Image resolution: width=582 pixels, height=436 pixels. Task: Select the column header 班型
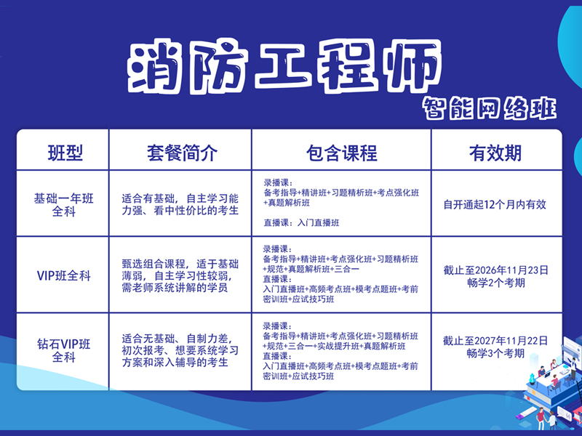65,153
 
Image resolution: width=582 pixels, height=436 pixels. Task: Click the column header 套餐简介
180,153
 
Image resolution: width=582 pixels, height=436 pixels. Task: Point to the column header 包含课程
341,153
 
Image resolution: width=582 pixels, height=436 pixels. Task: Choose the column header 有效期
495,153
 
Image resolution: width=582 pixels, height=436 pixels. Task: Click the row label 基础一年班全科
64,204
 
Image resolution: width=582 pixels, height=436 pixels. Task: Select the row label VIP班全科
64,275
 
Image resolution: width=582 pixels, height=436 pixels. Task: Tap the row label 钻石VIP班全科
64,351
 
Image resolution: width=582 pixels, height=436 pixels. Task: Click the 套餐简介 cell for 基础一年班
180,204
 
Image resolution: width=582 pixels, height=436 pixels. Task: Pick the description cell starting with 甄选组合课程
180,275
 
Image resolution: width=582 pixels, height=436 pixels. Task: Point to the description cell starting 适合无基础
180,351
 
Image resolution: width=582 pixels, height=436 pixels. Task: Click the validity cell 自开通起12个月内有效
495,204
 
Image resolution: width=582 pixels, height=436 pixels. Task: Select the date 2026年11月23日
508,270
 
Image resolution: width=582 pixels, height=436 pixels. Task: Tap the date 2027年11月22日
508,340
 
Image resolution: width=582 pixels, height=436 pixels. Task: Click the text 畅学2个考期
495,283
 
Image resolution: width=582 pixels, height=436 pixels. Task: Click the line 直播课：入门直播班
301,223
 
